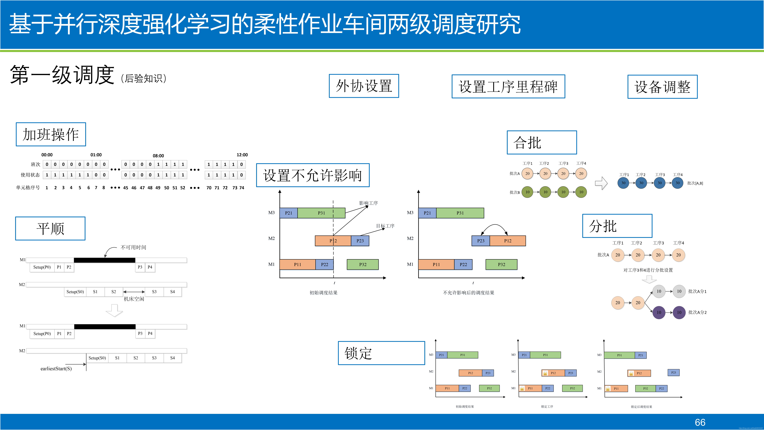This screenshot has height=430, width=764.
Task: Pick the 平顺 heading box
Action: [50, 228]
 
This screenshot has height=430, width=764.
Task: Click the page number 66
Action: [700, 422]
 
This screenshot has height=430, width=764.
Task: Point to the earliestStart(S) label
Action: [56, 369]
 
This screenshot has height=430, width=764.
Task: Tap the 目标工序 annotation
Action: [385, 226]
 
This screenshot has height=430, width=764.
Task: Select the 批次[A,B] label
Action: [695, 183]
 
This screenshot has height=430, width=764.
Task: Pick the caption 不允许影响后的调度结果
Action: [468, 293]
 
